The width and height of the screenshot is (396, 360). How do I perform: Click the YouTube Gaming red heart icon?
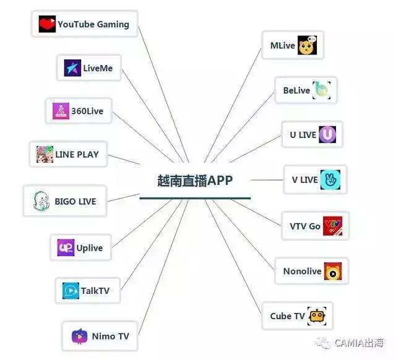pyautogui.click(x=47, y=24)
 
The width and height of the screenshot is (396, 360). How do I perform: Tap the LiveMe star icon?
pyautogui.click(x=72, y=67)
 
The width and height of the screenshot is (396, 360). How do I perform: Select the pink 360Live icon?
pyautogui.click(x=61, y=111)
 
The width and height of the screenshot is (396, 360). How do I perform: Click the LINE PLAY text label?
pyautogui.click(x=77, y=155)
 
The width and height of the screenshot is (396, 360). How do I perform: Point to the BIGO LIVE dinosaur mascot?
pyautogui.click(x=41, y=201)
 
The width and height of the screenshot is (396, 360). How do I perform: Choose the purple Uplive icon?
pyautogui.click(x=66, y=247)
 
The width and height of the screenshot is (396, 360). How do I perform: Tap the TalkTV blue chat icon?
pyautogui.click(x=71, y=291)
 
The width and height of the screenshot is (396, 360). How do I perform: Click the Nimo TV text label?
pyautogui.click(x=111, y=336)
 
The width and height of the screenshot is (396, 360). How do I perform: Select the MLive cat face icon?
pyautogui.click(x=307, y=45)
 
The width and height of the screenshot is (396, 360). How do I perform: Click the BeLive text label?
pyautogui.click(x=296, y=90)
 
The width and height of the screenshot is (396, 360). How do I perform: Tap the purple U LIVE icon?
pyautogui.click(x=327, y=135)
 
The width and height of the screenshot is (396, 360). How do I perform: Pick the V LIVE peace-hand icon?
pyautogui.click(x=330, y=180)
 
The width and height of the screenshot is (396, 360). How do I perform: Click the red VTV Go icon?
pyautogui.click(x=333, y=226)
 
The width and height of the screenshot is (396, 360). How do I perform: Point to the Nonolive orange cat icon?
pyautogui.click(x=333, y=272)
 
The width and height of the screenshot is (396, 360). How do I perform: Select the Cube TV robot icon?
pyautogui.click(x=317, y=316)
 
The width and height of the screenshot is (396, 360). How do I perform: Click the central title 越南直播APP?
pyautogui.click(x=195, y=181)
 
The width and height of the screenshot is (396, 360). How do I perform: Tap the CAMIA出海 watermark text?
pyautogui.click(x=359, y=343)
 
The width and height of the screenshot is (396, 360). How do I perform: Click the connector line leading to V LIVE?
pyautogui.click(x=267, y=180)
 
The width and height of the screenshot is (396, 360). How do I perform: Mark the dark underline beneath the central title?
pyautogui.click(x=195, y=198)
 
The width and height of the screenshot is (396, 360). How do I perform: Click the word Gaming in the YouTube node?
pyautogui.click(x=113, y=25)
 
